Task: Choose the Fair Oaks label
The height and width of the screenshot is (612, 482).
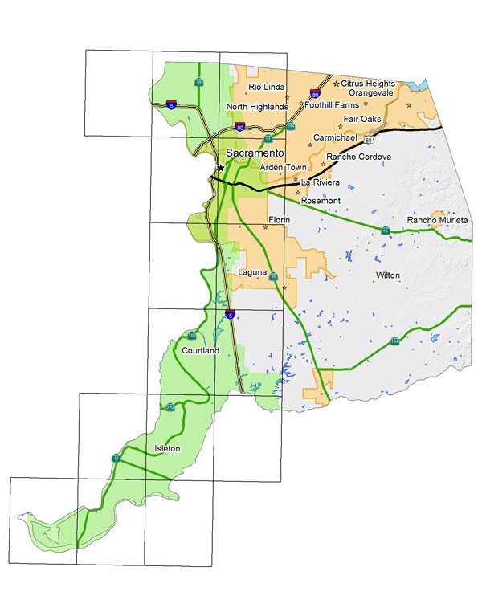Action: pos(361,119)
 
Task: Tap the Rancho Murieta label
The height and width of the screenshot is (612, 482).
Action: pos(437,220)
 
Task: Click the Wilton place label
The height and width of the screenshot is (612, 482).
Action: pos(387,275)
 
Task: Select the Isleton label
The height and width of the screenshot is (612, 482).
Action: pos(167,447)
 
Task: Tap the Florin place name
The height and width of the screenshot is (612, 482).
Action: pos(279,219)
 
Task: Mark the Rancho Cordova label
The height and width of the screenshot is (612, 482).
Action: pos(358,156)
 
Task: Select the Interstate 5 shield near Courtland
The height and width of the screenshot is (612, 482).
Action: pos(230,315)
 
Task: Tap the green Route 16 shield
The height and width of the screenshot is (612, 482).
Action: pos(385,231)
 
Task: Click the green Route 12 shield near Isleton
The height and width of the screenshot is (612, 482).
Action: pos(116,458)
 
